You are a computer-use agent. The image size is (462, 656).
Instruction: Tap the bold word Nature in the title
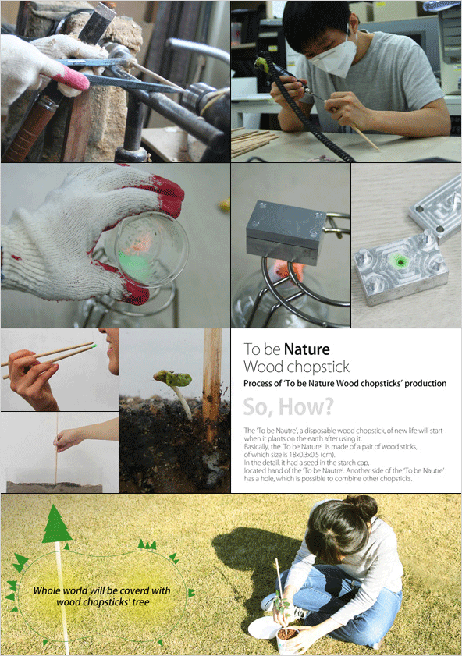coord(307,349)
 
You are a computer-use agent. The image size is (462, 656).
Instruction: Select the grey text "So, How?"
coord(288,406)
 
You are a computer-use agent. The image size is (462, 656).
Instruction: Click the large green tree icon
coord(56,524)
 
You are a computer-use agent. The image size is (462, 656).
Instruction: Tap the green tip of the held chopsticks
coord(94,346)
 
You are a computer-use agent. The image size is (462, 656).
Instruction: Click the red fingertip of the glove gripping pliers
coord(75,77)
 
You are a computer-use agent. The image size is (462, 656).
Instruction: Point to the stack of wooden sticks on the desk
coord(252,140)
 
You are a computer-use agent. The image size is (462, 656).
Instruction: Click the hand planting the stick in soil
coord(67,438)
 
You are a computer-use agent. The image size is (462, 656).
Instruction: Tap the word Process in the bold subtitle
coord(258,384)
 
